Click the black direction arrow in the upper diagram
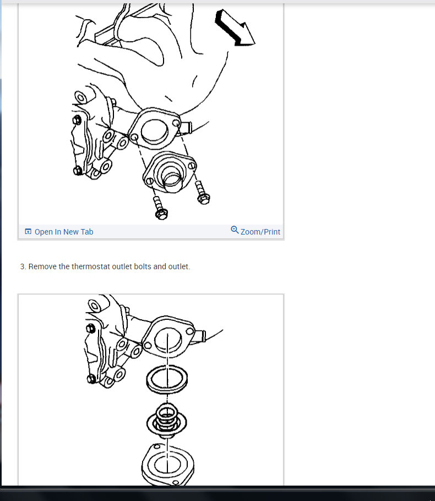[x=235, y=28]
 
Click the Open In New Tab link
[x=64, y=232]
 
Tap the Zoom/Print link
[x=260, y=232]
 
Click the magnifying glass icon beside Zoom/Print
[x=235, y=230]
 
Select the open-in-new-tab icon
[x=28, y=231]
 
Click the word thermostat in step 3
[x=91, y=266]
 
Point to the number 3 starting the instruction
[x=23, y=266]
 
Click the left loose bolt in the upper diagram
[x=160, y=208]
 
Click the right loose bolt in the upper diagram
[x=202, y=192]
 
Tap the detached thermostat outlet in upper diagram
[x=170, y=172]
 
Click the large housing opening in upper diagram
[x=154, y=131]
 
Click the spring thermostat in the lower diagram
[x=166, y=421]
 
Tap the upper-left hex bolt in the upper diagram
[x=77, y=120]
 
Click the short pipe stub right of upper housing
[x=186, y=127]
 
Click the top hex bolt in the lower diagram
[x=91, y=328]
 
